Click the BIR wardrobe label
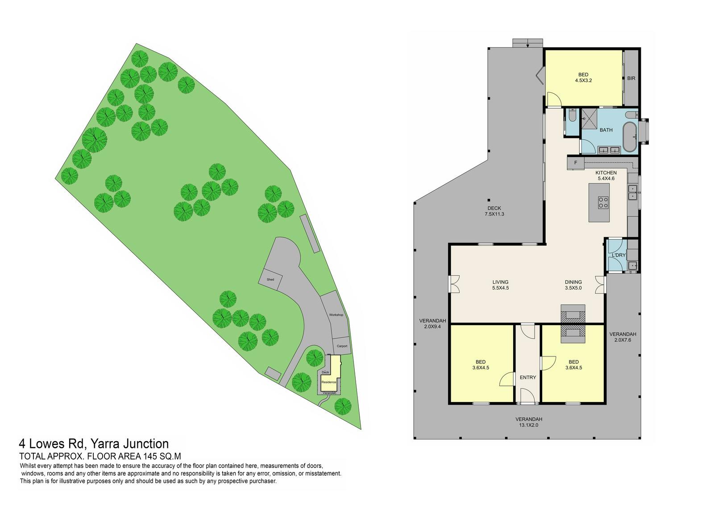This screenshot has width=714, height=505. point(631,78)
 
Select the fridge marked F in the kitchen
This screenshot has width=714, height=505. point(575,163)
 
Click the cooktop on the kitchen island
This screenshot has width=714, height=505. point(603,203)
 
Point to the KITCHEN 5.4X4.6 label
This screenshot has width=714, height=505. point(606,176)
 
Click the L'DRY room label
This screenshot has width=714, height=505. point(619,255)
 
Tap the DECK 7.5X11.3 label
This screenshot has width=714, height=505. point(494,211)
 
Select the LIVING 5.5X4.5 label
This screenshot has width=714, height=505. point(500,285)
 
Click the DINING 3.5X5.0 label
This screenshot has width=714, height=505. point(573,285)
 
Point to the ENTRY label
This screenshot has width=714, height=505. point(528,377)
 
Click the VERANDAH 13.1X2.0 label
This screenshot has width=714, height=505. point(529,422)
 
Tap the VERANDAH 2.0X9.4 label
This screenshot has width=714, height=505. point(432,323)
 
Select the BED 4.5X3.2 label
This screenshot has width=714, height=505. point(583,78)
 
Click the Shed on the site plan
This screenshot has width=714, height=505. point(270,279)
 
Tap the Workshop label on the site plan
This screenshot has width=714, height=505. point(336,315)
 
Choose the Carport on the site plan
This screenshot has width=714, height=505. point(342,346)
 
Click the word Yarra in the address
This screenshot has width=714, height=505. point(104,443)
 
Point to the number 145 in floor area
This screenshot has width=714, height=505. point(149,456)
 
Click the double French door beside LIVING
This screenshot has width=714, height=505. point(454,284)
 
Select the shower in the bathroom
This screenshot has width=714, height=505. point(590,118)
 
